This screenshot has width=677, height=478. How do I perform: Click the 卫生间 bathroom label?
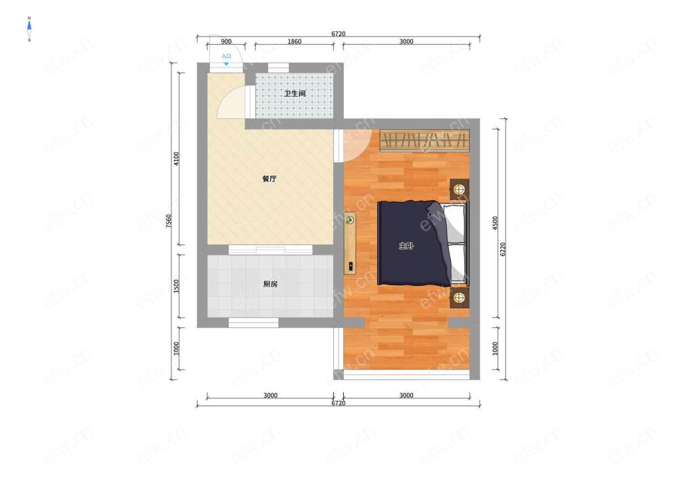point(295,93)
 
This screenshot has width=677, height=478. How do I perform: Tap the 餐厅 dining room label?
point(269,178)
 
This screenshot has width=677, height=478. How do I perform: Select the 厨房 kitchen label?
point(270,284)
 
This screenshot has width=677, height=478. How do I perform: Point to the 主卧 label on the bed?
point(406,246)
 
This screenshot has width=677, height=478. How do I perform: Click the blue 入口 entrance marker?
point(226,59)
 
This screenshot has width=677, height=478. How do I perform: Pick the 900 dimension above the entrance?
point(226,41)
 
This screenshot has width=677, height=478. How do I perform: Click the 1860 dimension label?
point(294,41)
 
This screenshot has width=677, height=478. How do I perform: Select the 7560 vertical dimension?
point(169,221)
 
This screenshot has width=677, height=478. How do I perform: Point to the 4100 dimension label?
point(176,159)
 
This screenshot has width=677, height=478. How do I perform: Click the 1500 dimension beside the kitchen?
point(176,286)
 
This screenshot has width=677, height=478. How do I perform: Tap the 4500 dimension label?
point(496,223)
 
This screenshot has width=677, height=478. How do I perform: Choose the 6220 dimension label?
point(502,249)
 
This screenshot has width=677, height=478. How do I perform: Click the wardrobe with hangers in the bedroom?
point(424,140)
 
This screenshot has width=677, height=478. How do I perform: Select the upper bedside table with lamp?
point(460,189)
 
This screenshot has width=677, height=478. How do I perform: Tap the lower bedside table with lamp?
point(460,297)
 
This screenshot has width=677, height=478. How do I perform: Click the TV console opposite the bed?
point(350,243)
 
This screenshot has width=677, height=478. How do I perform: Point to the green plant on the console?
point(350,220)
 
